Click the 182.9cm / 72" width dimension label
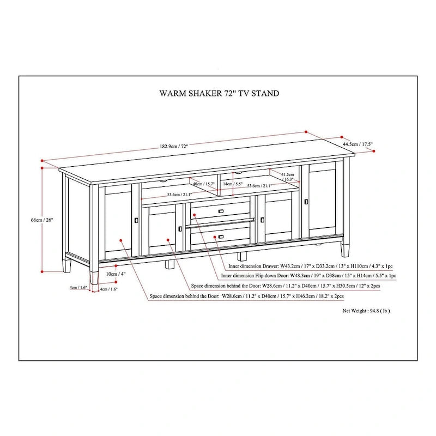(174, 147)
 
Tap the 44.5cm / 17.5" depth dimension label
(358, 144)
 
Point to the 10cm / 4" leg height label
(112, 274)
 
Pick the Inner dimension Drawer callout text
(310, 267)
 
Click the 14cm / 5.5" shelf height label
(233, 184)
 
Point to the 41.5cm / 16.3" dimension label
(288, 176)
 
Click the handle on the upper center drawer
(221, 211)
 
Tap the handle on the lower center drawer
(221, 237)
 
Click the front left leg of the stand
(94, 276)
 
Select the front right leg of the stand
(345, 249)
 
